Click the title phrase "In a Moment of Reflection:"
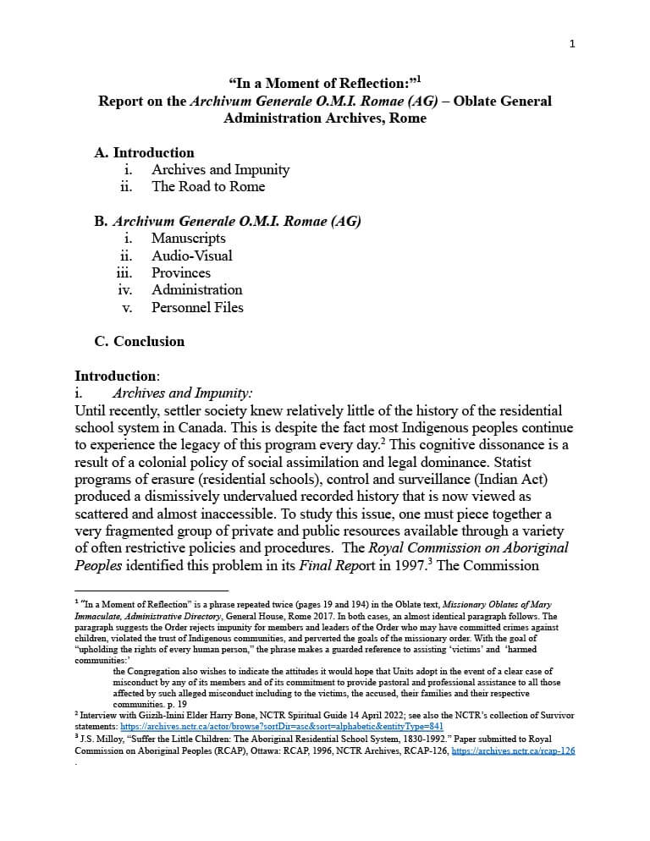coord(321,83)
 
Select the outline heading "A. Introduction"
coord(145,152)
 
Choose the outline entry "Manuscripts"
coord(189,239)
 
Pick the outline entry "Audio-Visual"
coord(192,256)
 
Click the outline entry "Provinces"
coord(181,272)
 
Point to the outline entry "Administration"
coord(197,290)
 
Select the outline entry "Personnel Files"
coord(197,308)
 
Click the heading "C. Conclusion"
coord(140,342)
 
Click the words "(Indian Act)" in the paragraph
coord(509,479)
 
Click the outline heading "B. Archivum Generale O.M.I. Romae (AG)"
coord(228,222)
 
